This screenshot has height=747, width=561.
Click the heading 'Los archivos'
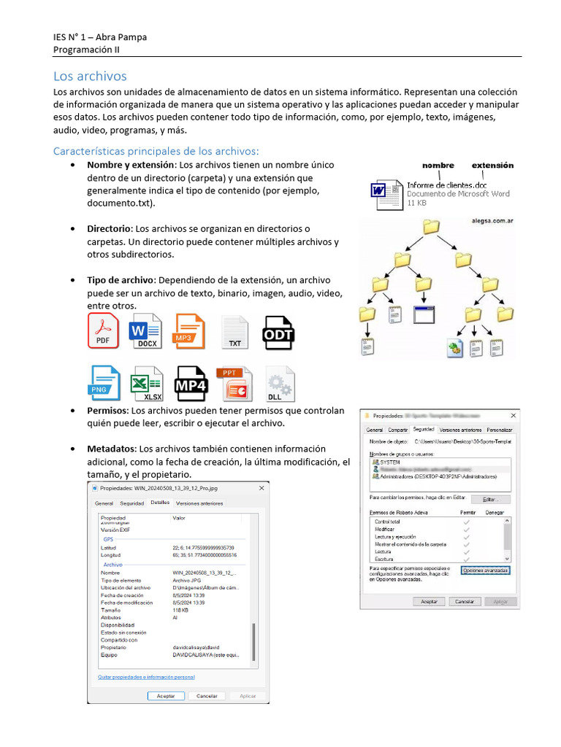[x=90, y=76]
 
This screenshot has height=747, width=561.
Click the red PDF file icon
[x=103, y=331]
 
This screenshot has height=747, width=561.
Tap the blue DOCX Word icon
[x=147, y=331]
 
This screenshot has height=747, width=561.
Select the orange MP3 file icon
[x=190, y=331]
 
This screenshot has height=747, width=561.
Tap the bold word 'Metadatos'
[x=111, y=449]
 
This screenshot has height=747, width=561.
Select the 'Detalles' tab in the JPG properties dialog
[x=159, y=503]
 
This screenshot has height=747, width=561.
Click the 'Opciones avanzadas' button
[x=486, y=570]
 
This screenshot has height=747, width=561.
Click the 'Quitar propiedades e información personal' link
[x=146, y=677]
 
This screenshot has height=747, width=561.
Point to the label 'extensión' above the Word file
[x=492, y=166]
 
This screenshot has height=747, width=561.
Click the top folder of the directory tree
[x=431, y=226]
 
